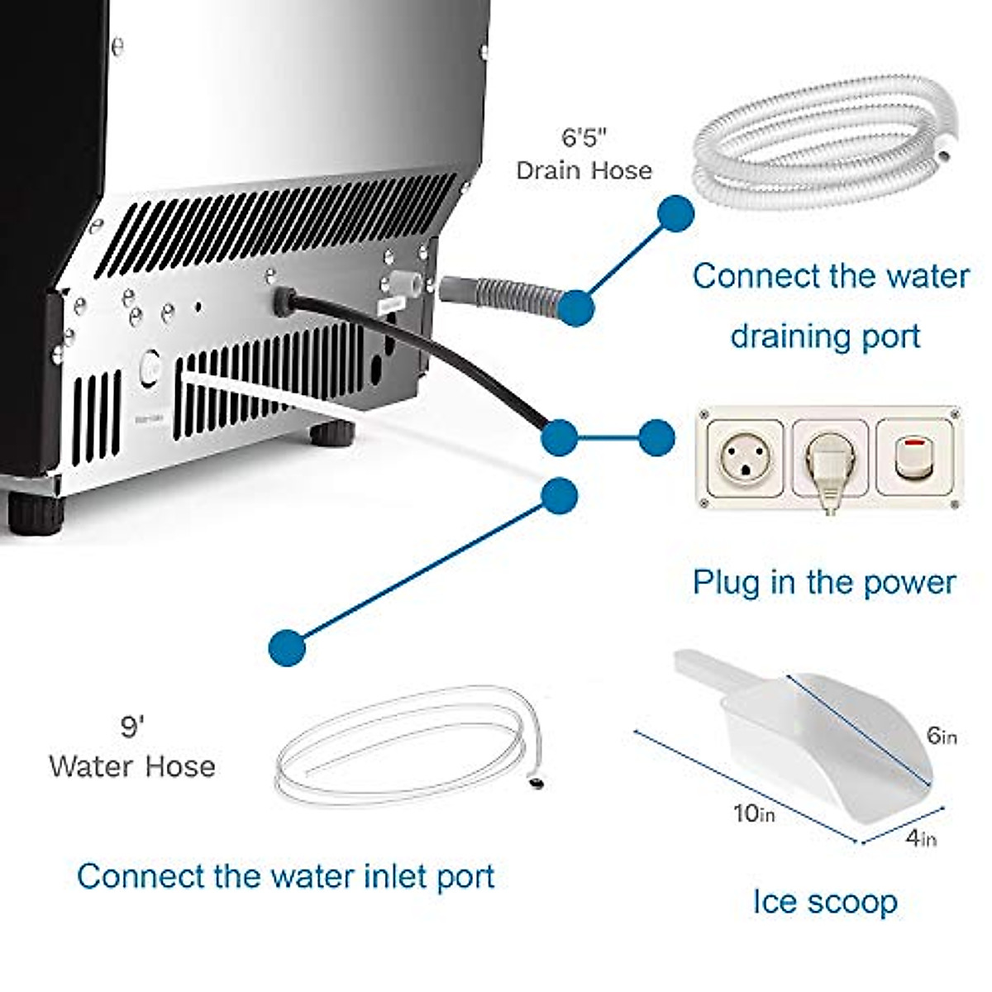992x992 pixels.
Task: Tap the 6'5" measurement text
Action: click(584, 136)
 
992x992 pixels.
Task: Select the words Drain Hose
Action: click(584, 170)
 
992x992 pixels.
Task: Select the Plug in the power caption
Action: click(823, 582)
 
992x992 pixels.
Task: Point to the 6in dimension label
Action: click(942, 735)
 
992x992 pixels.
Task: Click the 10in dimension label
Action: click(754, 813)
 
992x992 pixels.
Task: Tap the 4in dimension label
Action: click(921, 838)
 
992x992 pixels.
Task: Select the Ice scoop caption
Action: click(824, 901)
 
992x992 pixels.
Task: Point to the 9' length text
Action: click(132, 727)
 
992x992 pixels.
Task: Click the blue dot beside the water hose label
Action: click(287, 646)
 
